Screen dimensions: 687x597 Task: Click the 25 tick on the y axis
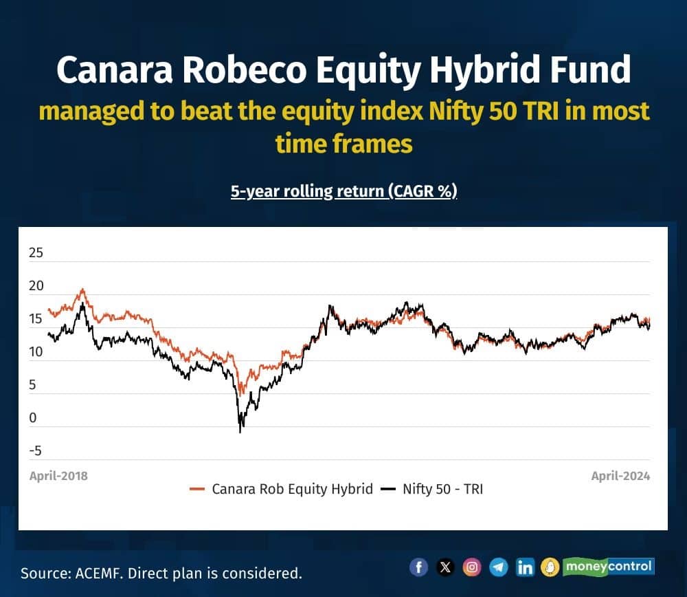[36, 252]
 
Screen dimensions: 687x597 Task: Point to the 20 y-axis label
[36, 285]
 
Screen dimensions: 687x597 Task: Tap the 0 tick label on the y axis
[33, 417]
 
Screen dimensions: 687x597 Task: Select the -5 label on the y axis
[36, 451]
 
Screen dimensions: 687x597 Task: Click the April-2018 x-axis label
[58, 476]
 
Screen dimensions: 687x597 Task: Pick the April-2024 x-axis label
[620, 476]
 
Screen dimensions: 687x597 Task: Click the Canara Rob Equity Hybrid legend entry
[281, 488]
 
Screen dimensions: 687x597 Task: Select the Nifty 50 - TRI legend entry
[431, 488]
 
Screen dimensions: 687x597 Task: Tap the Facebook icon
[418, 567]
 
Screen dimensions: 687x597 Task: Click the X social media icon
[445, 567]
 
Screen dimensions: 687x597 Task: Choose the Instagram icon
[472, 567]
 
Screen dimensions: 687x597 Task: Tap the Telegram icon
[499, 567]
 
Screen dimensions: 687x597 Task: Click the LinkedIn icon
[525, 567]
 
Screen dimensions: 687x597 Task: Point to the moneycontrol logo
[598, 567]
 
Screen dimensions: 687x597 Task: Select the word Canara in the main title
[115, 70]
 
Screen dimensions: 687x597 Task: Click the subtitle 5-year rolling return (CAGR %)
[344, 191]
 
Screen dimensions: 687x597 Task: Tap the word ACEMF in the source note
[98, 574]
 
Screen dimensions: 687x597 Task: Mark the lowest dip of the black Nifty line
[240, 432]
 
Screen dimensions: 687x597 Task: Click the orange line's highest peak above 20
[82, 290]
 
